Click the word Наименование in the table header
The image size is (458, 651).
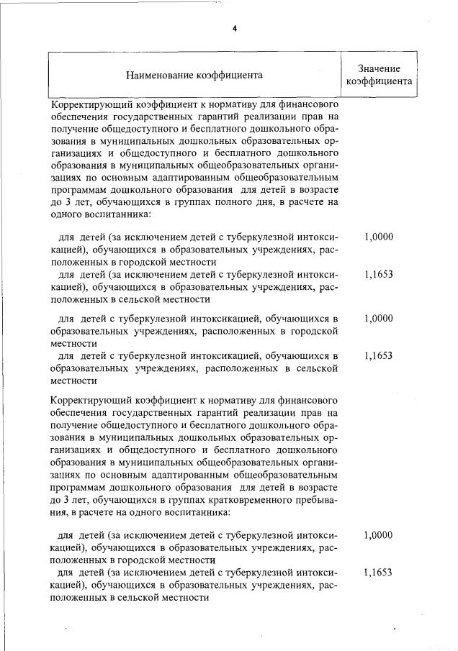pyautogui.click(x=159, y=74)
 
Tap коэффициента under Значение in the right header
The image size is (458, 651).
pyautogui.click(x=379, y=81)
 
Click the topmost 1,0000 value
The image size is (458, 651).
pyautogui.click(x=379, y=237)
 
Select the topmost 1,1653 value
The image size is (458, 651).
pyautogui.click(x=379, y=274)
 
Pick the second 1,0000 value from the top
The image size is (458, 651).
pyautogui.click(x=379, y=317)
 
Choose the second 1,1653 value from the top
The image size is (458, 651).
pyautogui.click(x=379, y=355)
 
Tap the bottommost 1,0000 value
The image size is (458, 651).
pyautogui.click(x=379, y=535)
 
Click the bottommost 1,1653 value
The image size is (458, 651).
pyautogui.click(x=379, y=573)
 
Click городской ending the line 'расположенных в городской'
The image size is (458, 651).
pyautogui.click(x=313, y=331)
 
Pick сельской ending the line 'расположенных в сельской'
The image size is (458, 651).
pyautogui.click(x=315, y=368)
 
